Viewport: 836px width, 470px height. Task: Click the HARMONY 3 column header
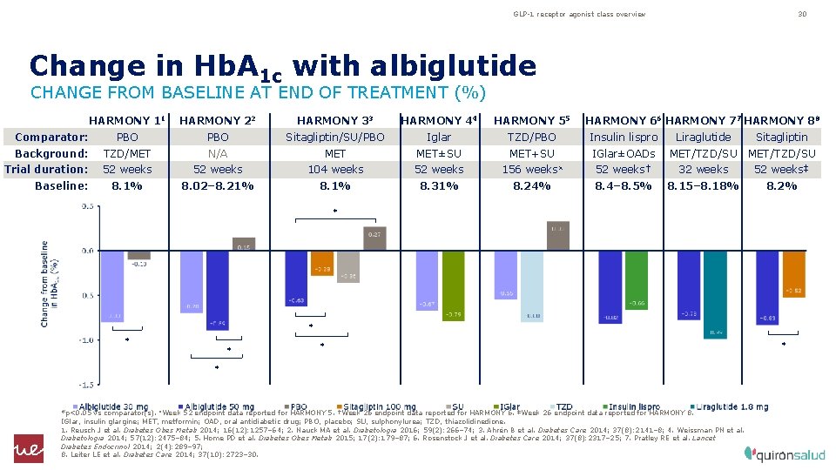335,120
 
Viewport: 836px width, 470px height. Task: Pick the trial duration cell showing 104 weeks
335,170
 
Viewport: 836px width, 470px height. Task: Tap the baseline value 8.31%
439,186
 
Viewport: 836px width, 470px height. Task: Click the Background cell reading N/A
217,154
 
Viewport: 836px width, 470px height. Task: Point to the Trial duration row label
45,170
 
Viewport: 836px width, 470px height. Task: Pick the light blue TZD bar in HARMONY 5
533,286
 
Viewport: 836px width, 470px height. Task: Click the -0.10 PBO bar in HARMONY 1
138,255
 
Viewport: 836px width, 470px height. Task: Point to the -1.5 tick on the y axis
87,384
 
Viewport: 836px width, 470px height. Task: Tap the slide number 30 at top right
802,14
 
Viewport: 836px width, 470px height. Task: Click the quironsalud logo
783,453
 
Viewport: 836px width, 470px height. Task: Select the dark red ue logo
28,448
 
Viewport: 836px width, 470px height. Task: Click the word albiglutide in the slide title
453,66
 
